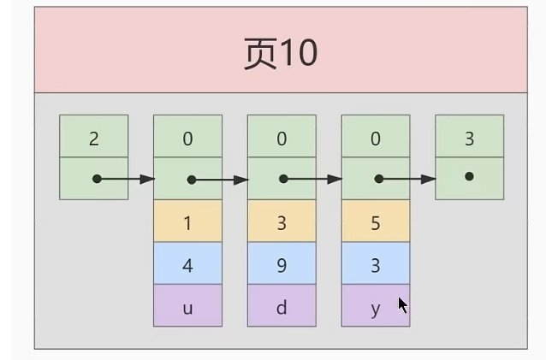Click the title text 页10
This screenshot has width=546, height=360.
281,54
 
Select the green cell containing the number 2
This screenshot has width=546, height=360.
94,136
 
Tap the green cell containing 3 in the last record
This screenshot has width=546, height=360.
469,136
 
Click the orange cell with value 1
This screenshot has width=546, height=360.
187,221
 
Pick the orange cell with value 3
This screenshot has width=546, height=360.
282,221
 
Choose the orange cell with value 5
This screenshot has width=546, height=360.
376,221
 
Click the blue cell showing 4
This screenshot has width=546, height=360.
187,263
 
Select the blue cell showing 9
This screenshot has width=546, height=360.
282,263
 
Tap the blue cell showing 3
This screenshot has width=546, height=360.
376,263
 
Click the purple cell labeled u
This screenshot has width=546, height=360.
187,305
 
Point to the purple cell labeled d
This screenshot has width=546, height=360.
282,305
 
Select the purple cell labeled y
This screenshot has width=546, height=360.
376,305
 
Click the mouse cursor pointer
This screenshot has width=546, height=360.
402,305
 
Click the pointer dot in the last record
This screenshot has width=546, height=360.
469,176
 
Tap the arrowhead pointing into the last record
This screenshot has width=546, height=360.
428,179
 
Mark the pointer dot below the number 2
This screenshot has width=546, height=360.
97,179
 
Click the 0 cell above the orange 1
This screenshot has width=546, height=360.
187,136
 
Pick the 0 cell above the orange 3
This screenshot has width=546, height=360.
282,136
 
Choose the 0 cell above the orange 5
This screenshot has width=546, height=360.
376,136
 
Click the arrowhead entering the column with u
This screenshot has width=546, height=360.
147,179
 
